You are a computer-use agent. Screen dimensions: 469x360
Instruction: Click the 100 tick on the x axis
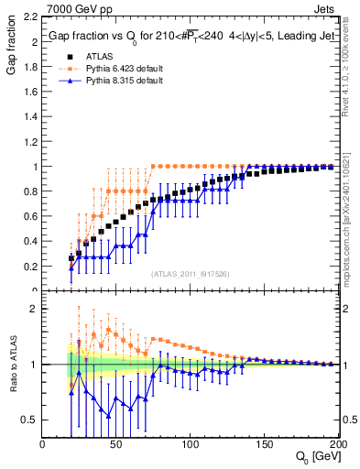(x=190, y=444)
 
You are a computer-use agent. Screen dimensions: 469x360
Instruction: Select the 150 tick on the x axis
(x=263, y=444)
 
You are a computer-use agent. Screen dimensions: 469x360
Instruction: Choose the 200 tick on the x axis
(x=334, y=444)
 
